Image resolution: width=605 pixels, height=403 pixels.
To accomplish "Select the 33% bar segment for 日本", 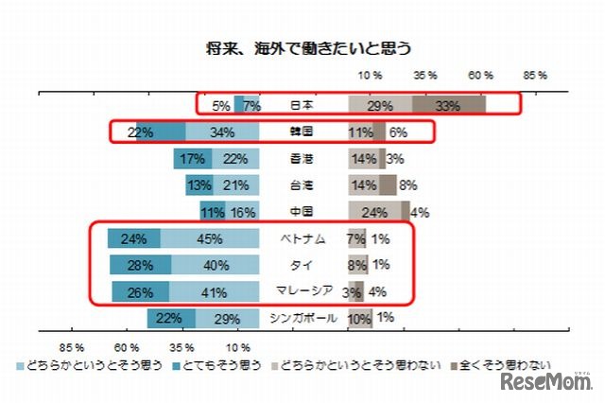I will click(449, 106).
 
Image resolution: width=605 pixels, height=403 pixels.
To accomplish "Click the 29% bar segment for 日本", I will click(380, 106).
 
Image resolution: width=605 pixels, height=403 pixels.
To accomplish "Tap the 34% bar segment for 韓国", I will click(222, 132).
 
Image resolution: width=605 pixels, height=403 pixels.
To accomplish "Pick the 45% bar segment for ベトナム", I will click(210, 238).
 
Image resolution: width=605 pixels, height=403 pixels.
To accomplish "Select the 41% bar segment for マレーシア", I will click(214, 291).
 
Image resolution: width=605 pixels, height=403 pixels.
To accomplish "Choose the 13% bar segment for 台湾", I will click(199, 185).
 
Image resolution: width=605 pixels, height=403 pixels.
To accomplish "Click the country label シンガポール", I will click(303, 318).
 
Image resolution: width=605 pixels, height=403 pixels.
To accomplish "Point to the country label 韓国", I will click(302, 132).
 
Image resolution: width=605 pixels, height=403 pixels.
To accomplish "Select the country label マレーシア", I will click(303, 291).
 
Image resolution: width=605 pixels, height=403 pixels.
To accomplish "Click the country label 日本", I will click(302, 106).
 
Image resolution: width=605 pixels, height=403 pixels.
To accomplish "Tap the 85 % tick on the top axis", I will click(535, 74).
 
